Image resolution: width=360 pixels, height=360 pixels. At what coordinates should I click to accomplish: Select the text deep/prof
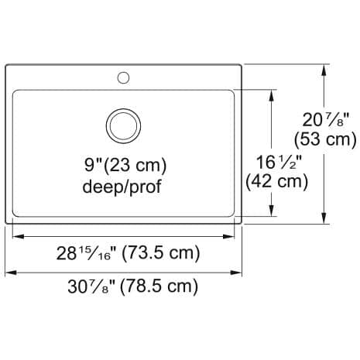pos(122,187)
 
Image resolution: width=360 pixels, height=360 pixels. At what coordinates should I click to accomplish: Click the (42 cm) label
pos(276,182)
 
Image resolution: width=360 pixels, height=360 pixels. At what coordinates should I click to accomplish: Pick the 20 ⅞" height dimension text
pos(325,121)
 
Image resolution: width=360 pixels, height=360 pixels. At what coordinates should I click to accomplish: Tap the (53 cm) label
pos(325,140)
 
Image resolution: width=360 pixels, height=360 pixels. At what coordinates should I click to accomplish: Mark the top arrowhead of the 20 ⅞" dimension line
pos(323,69)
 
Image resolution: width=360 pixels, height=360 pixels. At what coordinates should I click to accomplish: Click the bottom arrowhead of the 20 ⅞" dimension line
pos(323,218)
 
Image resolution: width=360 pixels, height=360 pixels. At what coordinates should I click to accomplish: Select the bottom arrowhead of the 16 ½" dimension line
pos(272,212)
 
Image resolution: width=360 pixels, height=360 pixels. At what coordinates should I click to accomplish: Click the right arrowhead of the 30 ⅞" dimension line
pos(238,272)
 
